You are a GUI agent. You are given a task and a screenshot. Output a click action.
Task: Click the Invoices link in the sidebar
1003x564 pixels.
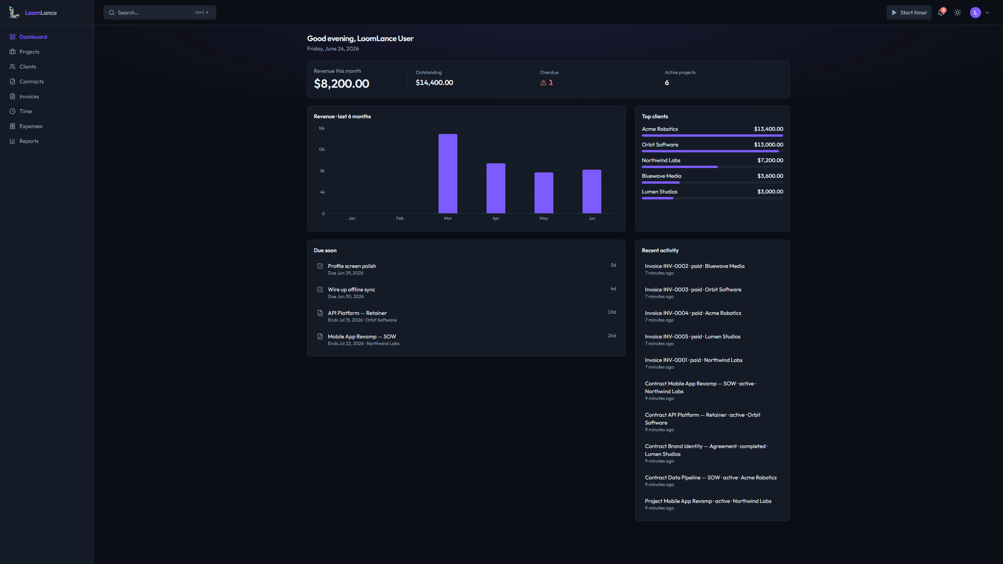[x=29, y=96]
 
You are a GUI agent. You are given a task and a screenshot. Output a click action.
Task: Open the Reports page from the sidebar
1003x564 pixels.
[x=29, y=141]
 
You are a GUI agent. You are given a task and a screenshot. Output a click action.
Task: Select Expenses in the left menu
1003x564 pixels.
[x=31, y=126]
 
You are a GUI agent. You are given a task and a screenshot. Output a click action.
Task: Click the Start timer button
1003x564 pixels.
[x=909, y=13]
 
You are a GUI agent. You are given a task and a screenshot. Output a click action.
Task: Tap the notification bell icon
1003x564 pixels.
[x=941, y=13]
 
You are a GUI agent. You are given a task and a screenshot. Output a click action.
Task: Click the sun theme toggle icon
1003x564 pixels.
[x=958, y=13]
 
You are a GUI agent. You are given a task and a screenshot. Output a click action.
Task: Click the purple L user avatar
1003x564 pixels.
[x=975, y=13]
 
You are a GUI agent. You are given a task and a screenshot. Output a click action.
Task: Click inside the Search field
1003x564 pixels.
[x=160, y=13]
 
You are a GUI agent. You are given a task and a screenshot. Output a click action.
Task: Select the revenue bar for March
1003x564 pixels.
[x=448, y=174]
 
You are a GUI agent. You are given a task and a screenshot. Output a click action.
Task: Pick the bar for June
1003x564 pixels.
[x=592, y=192]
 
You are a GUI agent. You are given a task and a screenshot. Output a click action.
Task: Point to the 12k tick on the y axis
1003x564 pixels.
[x=322, y=149]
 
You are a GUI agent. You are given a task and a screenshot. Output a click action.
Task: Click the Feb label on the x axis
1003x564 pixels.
[x=400, y=218]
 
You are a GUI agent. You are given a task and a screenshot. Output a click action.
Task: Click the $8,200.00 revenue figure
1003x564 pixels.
[x=341, y=83]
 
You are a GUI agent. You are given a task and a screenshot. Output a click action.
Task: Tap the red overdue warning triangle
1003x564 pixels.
[x=543, y=83]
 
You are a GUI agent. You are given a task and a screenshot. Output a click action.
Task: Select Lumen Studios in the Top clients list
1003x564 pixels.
[x=659, y=192]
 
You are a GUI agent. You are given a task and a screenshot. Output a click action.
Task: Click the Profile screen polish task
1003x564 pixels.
[x=352, y=266]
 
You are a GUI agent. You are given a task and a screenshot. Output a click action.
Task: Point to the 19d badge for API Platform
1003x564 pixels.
[x=612, y=312]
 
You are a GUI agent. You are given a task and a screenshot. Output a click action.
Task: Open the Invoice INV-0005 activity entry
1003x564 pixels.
[x=692, y=336]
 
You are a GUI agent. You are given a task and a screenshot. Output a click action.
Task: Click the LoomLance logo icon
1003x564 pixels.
[x=14, y=13]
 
